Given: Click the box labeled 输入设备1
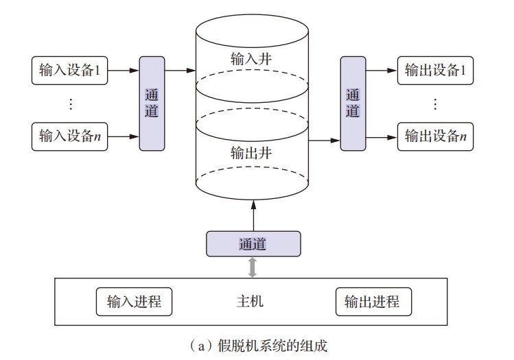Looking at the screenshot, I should [70, 70].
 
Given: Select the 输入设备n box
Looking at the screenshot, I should [70, 136].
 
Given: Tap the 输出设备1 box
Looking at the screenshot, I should [436, 70].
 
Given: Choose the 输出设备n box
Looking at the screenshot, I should [436, 136].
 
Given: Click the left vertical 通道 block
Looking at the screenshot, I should [152, 103].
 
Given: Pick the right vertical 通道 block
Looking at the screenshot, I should [353, 103].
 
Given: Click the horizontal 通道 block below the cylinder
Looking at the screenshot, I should [253, 243].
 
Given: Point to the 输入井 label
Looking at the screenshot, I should [252, 58].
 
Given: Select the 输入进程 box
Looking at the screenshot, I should [134, 302].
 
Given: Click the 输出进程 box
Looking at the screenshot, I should [372, 302].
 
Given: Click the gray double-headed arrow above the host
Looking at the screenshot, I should [253, 267].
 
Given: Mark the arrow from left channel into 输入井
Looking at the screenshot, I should [180, 70].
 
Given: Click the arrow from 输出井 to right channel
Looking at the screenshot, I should [325, 141].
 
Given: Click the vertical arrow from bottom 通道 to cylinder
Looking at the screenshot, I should [253, 214].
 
